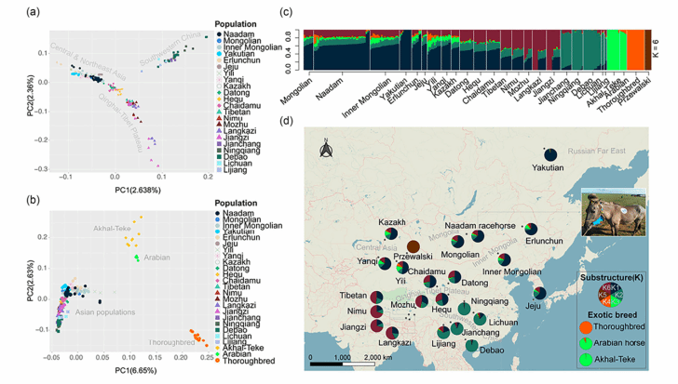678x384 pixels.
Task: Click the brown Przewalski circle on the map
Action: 413,245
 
